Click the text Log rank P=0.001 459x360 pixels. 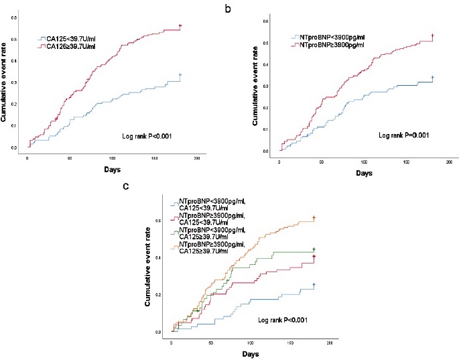point(403,135)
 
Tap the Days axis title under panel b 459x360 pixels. point(363,173)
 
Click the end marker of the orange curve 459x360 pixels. point(314,218)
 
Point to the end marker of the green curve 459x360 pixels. point(314,249)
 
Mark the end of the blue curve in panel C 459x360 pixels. point(314,285)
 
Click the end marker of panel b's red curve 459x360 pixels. point(433,36)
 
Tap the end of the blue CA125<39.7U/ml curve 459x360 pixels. point(180,75)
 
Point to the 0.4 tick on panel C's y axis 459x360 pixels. point(159,257)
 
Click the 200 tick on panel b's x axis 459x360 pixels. point(448,163)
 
